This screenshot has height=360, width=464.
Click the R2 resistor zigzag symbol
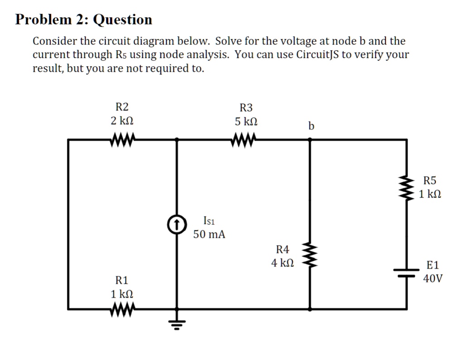coord(121,140)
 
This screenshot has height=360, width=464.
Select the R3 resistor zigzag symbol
coord(245,140)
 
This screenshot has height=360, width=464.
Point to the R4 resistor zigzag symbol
coord(310,257)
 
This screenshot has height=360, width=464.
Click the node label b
coord(310,125)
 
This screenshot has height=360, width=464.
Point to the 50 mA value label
coord(209,234)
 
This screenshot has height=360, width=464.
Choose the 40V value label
coord(433,278)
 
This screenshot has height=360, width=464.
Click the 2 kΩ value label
coord(122,121)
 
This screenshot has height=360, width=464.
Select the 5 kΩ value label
coord(246,122)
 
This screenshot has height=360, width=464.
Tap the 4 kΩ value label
coord(282,263)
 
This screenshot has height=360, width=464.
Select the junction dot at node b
coord(310,140)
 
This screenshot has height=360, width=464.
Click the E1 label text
coord(433,265)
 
